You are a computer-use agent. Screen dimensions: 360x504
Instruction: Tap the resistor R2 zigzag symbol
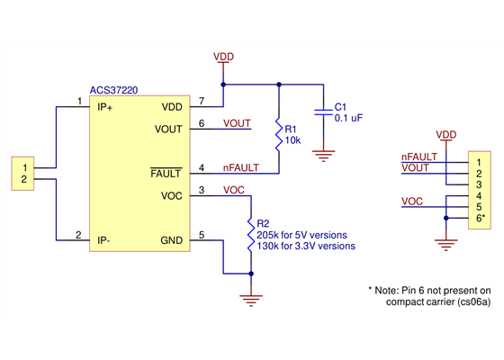pyautogui.click(x=249, y=233)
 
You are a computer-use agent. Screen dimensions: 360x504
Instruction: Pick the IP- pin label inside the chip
pyautogui.click(x=108, y=240)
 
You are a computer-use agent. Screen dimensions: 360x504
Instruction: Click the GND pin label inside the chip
pyautogui.click(x=172, y=240)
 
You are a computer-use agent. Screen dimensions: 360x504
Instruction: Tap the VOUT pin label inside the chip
pyautogui.click(x=169, y=129)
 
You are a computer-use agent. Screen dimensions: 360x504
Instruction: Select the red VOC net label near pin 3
pyautogui.click(x=233, y=190)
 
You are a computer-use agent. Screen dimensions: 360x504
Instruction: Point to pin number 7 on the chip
pyautogui.click(x=202, y=101)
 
